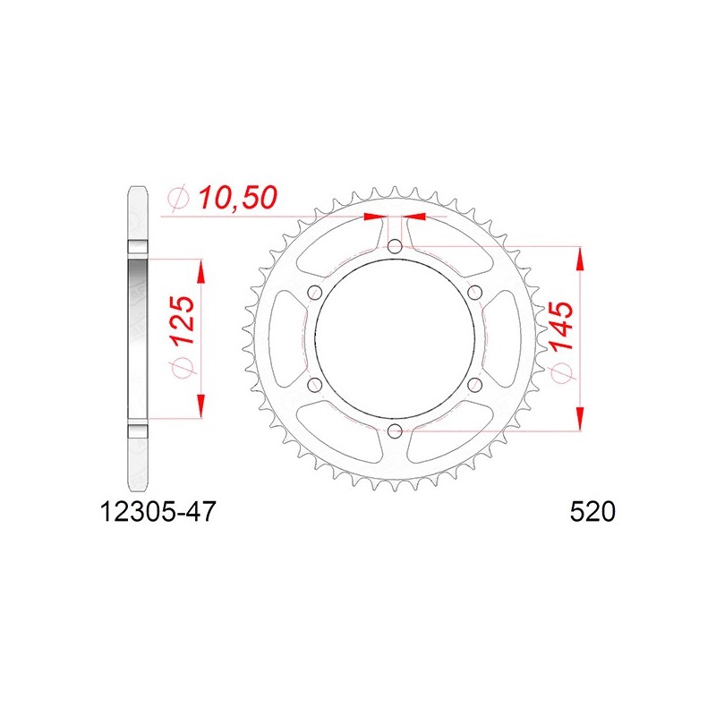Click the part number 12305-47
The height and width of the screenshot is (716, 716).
coord(158,512)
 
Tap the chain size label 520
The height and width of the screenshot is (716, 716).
coord(592,512)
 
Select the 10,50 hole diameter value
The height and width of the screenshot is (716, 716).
coord(237,198)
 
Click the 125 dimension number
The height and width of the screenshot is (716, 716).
coord(183,320)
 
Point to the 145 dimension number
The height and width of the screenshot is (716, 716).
coord(562,326)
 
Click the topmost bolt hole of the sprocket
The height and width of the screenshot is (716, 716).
coord(395,247)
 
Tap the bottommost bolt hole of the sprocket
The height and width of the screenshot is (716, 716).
coord(395,430)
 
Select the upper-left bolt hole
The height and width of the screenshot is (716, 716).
coord(315,293)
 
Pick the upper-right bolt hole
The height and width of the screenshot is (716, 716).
coord(475,293)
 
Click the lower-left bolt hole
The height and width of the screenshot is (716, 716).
coord(315,385)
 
